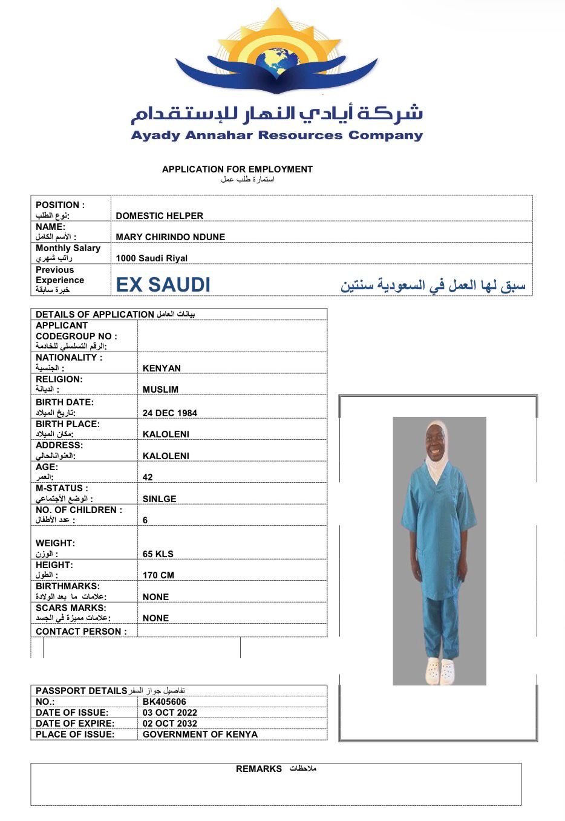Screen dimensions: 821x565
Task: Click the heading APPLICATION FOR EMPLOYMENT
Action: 237,169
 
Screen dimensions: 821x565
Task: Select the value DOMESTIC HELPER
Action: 160,215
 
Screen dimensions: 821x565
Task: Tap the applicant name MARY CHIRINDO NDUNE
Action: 171,237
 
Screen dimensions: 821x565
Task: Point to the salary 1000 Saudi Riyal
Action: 152,258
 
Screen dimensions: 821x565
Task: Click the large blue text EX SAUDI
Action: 163,284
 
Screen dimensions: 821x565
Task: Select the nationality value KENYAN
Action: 162,368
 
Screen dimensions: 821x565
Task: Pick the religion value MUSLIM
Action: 160,390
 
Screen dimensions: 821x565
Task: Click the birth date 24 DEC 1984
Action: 170,413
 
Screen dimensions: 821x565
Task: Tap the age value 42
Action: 148,477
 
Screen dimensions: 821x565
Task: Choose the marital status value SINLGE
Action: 160,499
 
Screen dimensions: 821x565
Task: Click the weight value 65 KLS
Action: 158,554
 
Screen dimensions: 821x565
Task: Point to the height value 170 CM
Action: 158,575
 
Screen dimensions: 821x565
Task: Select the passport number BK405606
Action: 165,702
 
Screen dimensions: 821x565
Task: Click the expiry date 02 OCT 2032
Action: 170,724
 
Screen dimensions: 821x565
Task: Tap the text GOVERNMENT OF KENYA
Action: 200,734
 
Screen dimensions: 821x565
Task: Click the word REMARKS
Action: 259,769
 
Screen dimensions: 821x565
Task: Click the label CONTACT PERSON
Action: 81,632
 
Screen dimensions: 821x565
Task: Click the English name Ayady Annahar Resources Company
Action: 277,135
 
